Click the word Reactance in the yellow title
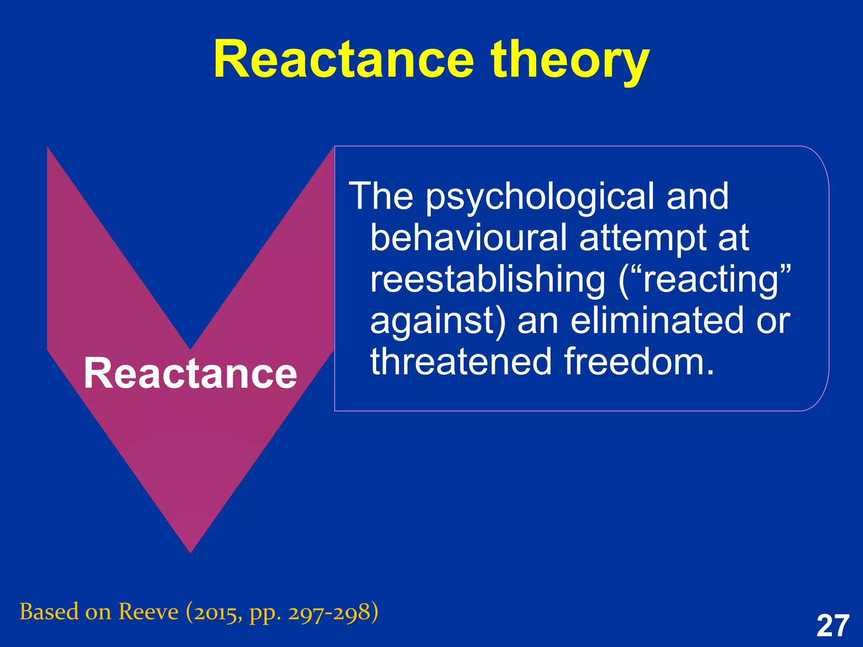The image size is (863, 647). (343, 60)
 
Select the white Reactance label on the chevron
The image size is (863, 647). (190, 373)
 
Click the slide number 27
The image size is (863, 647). (833, 626)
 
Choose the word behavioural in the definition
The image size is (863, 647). (468, 238)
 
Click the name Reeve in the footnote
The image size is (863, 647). (148, 612)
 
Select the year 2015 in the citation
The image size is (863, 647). (215, 613)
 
